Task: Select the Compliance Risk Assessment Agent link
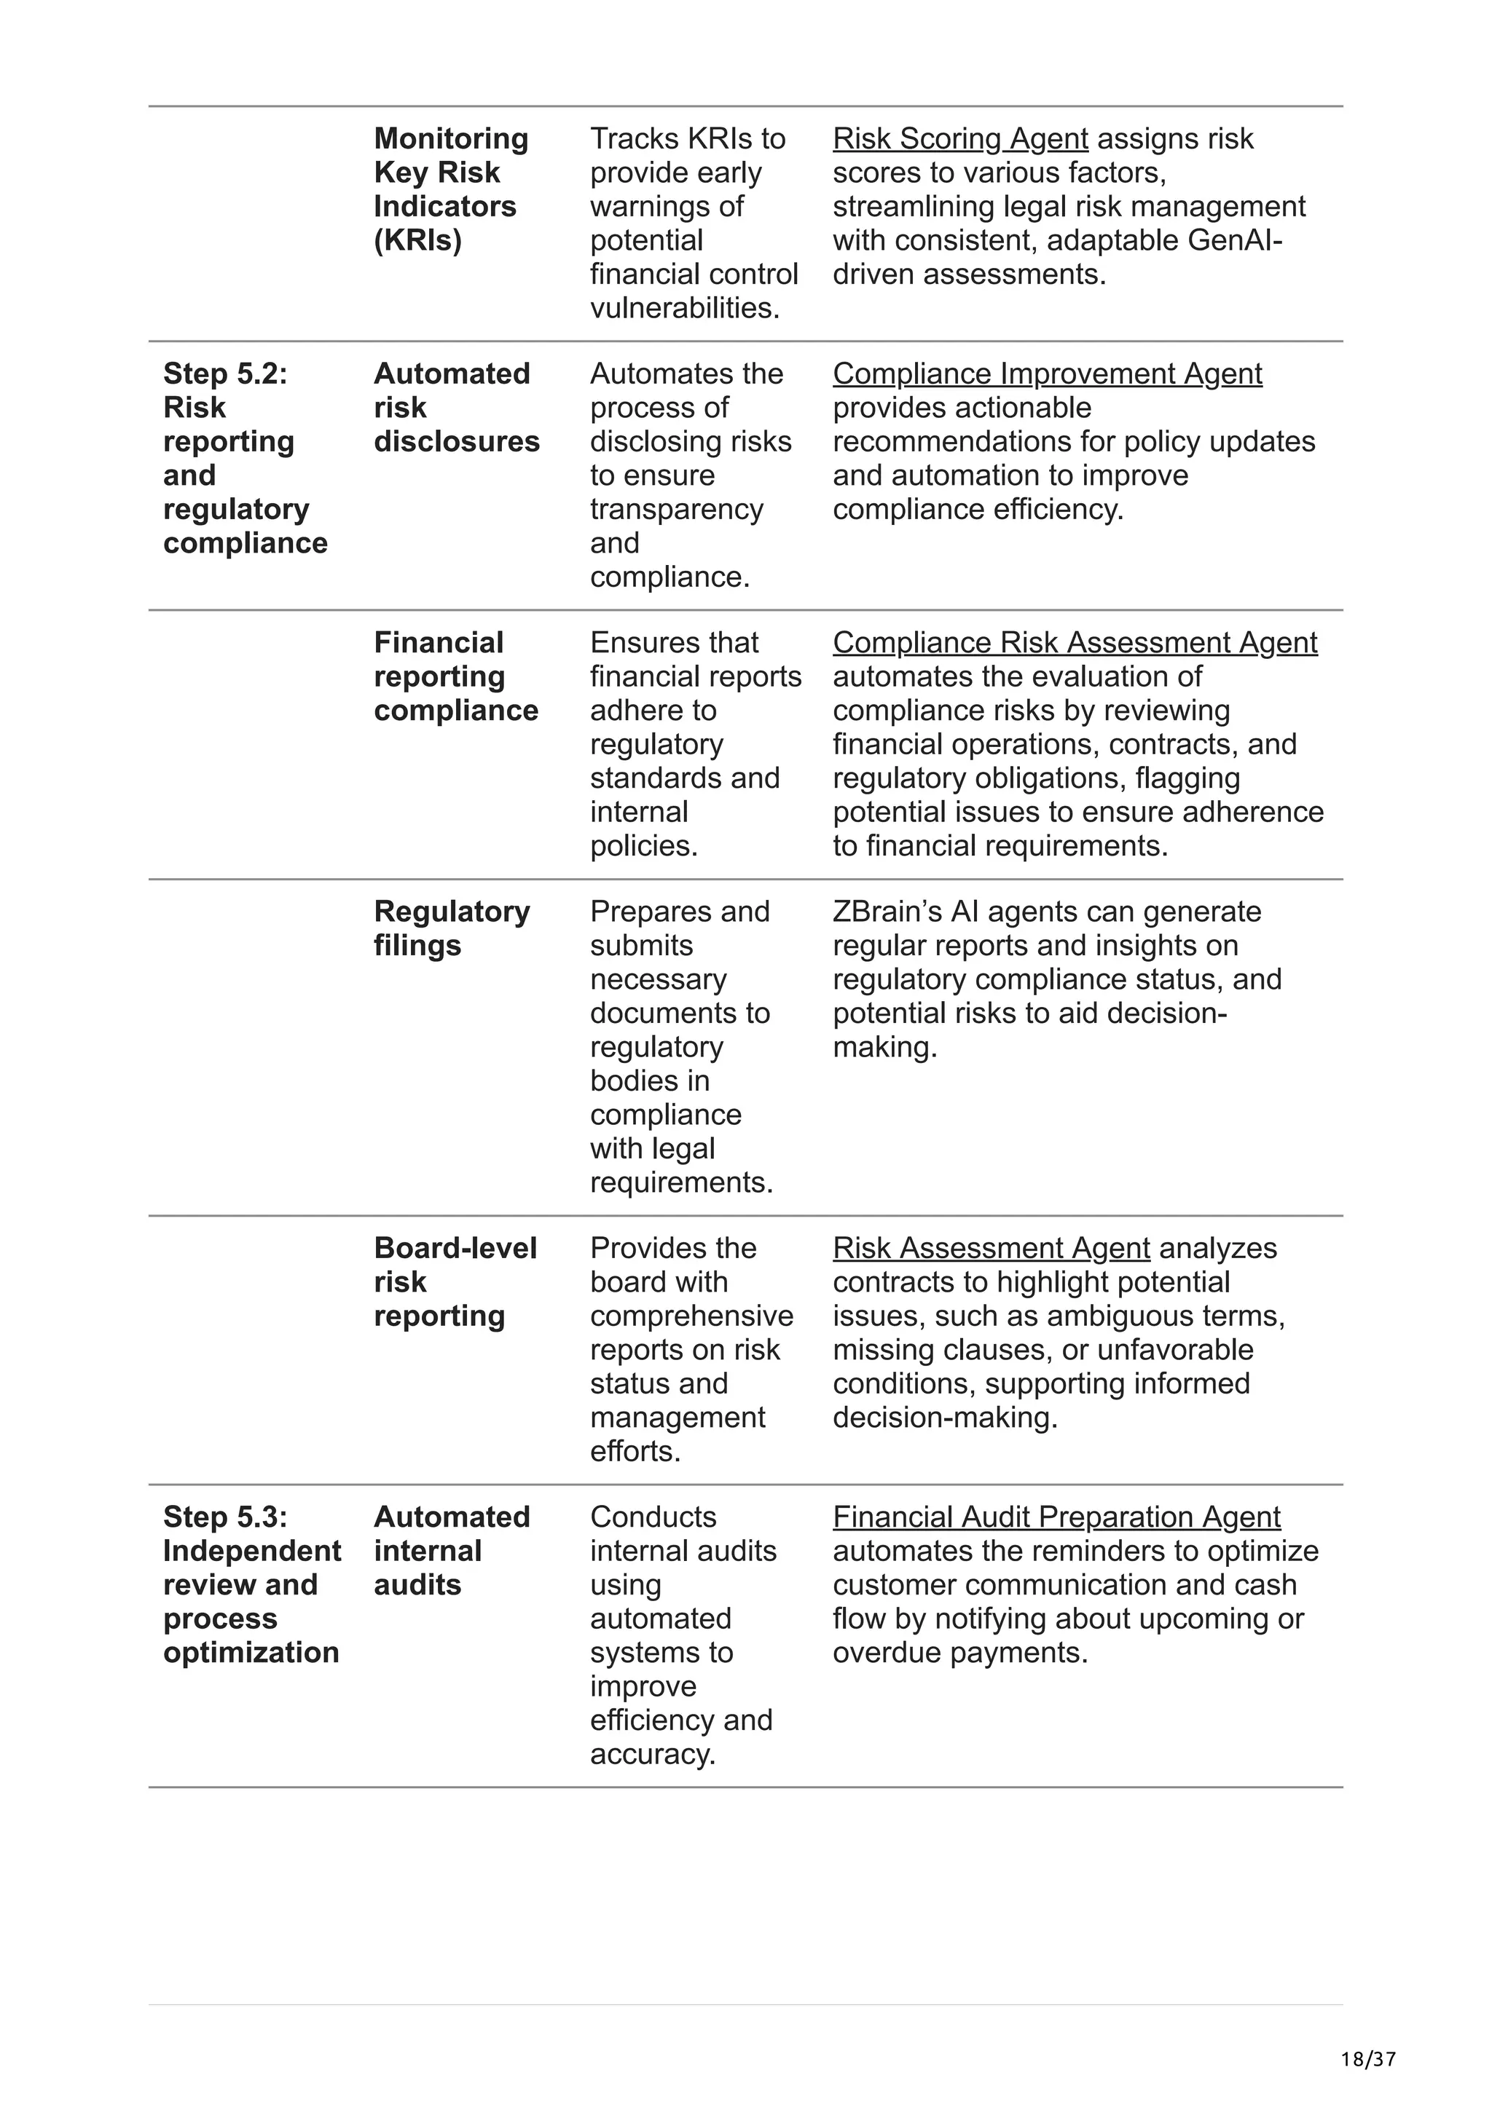(x=1075, y=642)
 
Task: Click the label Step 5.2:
(x=225, y=374)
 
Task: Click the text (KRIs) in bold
(x=417, y=241)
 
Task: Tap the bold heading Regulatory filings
(x=452, y=928)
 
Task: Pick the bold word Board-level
(x=455, y=1248)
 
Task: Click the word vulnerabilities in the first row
(x=685, y=308)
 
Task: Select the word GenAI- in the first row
(x=1236, y=241)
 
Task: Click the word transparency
(x=677, y=509)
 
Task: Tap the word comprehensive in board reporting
(x=691, y=1316)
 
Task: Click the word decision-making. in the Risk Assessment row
(x=945, y=1417)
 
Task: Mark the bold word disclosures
(x=457, y=442)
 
